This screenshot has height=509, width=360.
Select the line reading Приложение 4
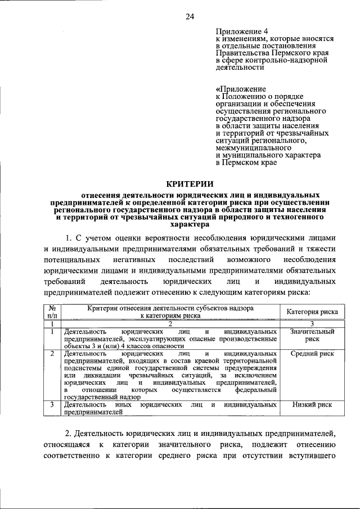[x=238, y=30]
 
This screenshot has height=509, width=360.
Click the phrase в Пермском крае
[x=246, y=162]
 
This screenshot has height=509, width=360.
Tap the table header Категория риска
[x=312, y=312]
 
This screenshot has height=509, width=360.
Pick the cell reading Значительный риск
[x=312, y=336]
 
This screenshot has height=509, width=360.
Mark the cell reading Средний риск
[x=312, y=354]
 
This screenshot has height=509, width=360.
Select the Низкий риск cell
[x=312, y=404]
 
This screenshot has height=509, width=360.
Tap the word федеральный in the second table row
[x=255, y=389]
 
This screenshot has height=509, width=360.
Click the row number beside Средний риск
[x=52, y=354]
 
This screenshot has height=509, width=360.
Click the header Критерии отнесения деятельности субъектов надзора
[x=170, y=308]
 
